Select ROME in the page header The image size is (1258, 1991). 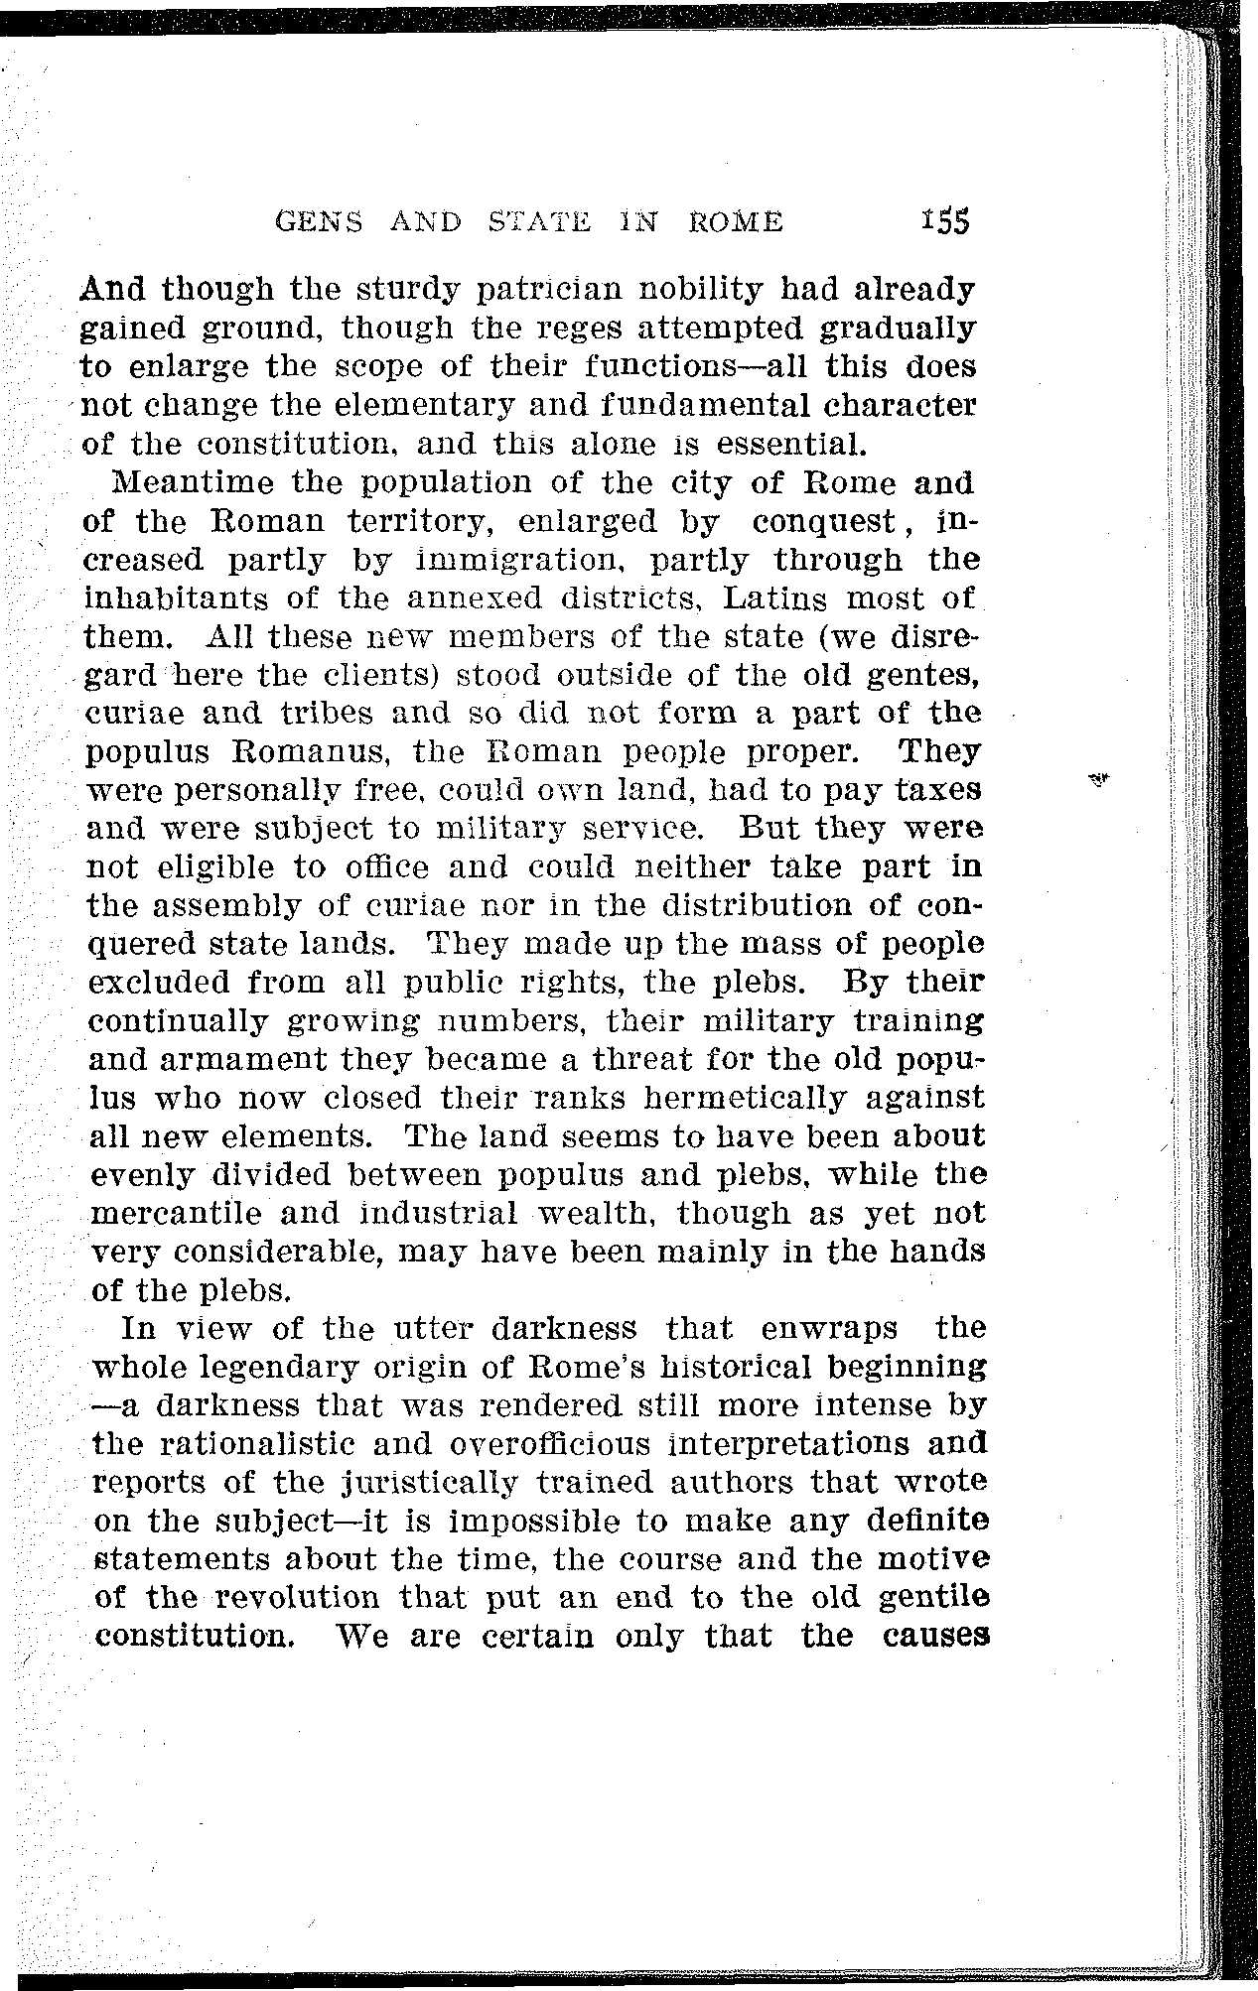(735, 222)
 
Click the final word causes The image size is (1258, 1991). (932, 1637)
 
